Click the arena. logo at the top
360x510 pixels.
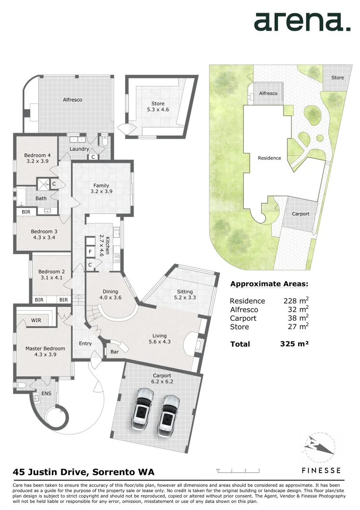point(302,22)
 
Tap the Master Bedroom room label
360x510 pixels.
point(45,348)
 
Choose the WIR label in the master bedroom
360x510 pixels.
point(36,321)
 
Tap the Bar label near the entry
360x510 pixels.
point(114,352)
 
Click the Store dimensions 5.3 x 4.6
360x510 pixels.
point(158,110)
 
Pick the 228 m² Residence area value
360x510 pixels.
point(295,301)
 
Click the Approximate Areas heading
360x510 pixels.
point(269,284)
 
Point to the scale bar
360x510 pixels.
point(239,471)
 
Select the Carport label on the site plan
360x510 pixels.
point(301,214)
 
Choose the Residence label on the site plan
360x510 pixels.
point(269,158)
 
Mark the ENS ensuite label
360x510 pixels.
point(46,393)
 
